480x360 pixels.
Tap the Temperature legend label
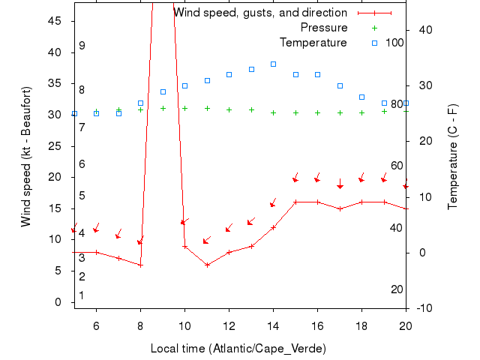tap(313, 42)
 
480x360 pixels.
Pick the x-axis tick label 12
tap(229, 325)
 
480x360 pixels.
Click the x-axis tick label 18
tap(361, 325)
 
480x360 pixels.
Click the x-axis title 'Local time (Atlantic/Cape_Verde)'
tap(238, 349)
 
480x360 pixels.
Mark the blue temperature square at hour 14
tap(273, 64)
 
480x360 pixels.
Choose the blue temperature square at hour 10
tap(184, 85)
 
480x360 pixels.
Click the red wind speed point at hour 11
tap(207, 265)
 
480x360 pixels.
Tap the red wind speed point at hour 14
tap(273, 227)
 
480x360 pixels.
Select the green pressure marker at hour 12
tap(229, 109)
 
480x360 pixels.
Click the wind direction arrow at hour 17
tap(340, 184)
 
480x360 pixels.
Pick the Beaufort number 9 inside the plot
tap(82, 46)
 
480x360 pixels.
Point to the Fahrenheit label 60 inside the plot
tap(397, 166)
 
